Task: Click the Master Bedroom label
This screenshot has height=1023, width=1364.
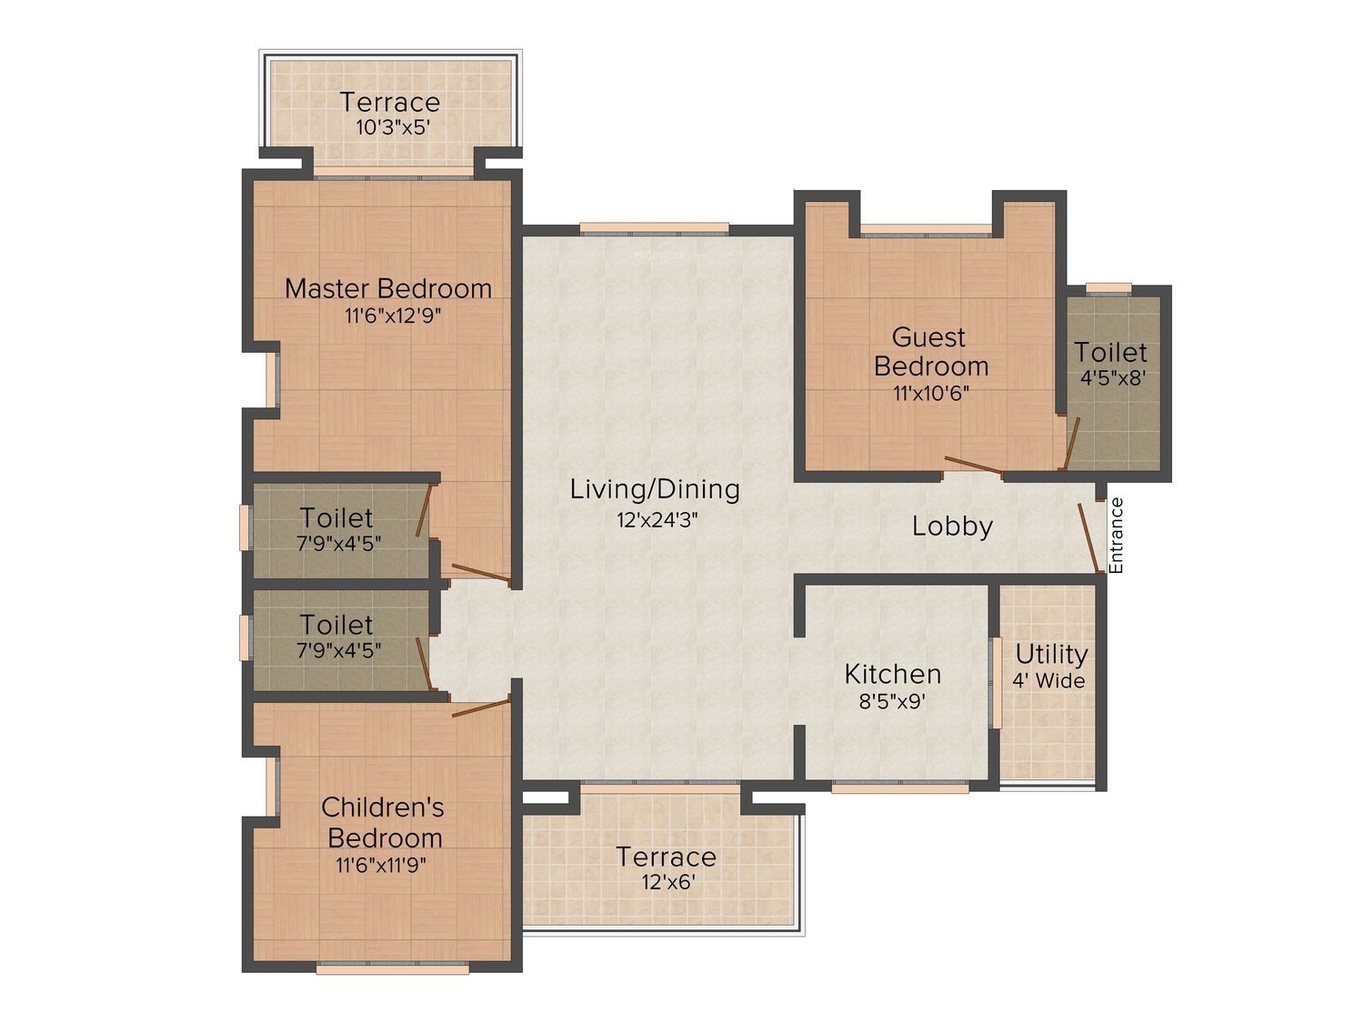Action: click(x=387, y=289)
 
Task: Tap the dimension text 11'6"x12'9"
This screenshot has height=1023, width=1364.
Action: click(x=393, y=316)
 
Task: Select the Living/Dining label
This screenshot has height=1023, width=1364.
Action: click(x=655, y=490)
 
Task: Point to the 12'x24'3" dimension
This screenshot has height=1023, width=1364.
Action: click(x=657, y=519)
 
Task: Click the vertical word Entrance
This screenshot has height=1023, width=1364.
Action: click(x=1116, y=536)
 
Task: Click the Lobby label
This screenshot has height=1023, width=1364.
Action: click(x=952, y=527)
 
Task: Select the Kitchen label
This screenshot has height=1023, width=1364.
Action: click(x=892, y=674)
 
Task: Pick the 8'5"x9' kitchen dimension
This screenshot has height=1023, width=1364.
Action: click(x=892, y=702)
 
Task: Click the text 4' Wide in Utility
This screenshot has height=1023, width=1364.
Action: click(x=1049, y=681)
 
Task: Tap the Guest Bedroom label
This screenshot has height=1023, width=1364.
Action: click(x=931, y=352)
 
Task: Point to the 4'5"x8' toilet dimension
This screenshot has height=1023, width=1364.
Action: click(x=1112, y=378)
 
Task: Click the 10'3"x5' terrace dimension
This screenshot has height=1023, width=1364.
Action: click(x=393, y=127)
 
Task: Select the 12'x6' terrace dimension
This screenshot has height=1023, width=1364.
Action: click(x=668, y=882)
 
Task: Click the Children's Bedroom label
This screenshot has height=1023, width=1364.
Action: click(x=384, y=822)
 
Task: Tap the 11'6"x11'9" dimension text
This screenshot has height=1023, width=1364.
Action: click(x=382, y=865)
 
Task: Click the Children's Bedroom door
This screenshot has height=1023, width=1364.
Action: click(x=481, y=708)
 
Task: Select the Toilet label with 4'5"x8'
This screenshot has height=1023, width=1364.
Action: click(x=1110, y=353)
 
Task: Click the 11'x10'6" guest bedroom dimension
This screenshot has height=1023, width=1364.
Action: click(x=931, y=393)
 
